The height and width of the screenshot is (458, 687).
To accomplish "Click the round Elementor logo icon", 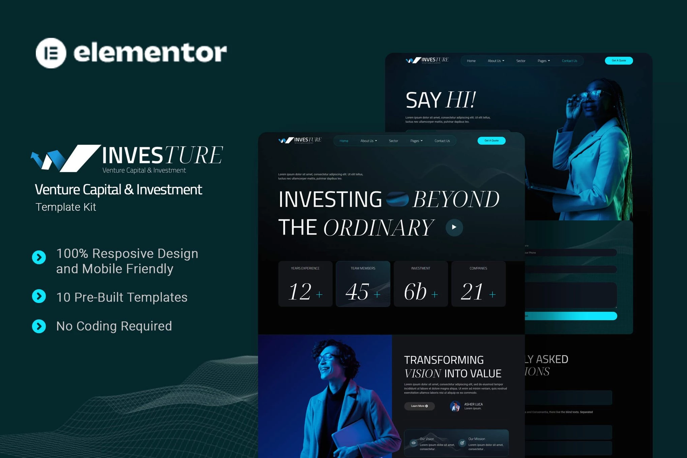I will pyautogui.click(x=51, y=53).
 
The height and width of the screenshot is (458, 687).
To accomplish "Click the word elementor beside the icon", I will pyautogui.click(x=150, y=53).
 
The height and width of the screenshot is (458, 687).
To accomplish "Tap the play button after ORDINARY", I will pyautogui.click(x=454, y=227).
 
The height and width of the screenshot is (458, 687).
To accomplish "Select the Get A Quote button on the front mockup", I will pyautogui.click(x=491, y=141).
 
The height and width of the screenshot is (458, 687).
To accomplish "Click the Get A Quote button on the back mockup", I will pyautogui.click(x=619, y=61).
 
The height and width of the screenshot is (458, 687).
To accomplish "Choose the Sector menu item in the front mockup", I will pyautogui.click(x=393, y=141).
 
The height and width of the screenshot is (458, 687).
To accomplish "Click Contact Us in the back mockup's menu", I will pyautogui.click(x=569, y=61).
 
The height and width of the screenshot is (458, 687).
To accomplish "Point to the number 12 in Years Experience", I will pyautogui.click(x=300, y=292).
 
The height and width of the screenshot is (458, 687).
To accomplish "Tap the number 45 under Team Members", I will pyautogui.click(x=357, y=292).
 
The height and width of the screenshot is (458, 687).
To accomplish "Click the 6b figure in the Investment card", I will pyautogui.click(x=415, y=292).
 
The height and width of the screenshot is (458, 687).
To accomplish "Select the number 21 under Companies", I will pyautogui.click(x=472, y=292).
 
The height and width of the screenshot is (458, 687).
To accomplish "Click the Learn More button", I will pyautogui.click(x=419, y=406).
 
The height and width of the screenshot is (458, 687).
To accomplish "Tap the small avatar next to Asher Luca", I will pyautogui.click(x=455, y=406).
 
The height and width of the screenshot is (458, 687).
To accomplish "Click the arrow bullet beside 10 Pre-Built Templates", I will pyautogui.click(x=39, y=296).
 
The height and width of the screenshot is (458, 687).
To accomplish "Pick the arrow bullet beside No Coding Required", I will pyautogui.click(x=39, y=326).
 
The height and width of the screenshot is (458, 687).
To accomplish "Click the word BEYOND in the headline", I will pyautogui.click(x=456, y=200).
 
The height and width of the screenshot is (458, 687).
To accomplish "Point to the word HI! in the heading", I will pyautogui.click(x=460, y=100).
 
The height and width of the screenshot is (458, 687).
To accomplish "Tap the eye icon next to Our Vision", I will pyautogui.click(x=413, y=443).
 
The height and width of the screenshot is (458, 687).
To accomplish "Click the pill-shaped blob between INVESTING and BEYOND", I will pyautogui.click(x=397, y=199).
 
